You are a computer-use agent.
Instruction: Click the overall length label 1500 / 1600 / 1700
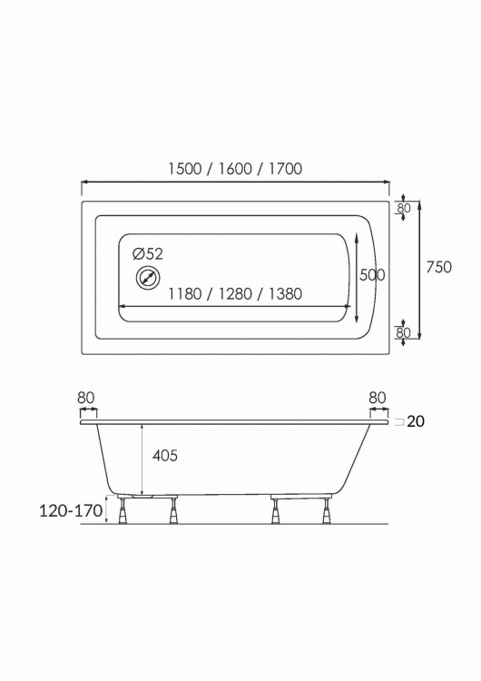(x=235, y=169)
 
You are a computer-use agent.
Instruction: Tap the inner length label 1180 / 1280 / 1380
(x=235, y=294)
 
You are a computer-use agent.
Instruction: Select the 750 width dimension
(x=438, y=267)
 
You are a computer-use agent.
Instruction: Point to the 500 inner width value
(x=372, y=275)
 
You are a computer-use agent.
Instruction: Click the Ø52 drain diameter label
(x=148, y=253)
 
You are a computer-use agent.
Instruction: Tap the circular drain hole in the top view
(x=148, y=278)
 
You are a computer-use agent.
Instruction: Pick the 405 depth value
(x=165, y=455)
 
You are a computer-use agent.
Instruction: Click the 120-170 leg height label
(x=71, y=511)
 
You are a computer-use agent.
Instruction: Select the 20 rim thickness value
(x=416, y=421)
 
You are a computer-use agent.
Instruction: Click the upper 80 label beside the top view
(x=404, y=208)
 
